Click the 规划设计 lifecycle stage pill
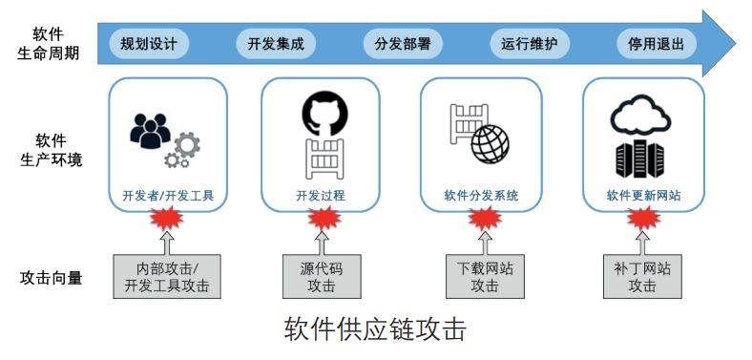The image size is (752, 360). (x=149, y=44)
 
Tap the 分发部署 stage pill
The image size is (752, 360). (x=403, y=44)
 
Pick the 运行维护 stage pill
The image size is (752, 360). (x=530, y=44)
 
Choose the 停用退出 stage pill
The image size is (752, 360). (x=657, y=44)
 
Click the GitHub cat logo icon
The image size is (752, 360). (x=321, y=113)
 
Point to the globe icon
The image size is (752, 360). (x=490, y=145)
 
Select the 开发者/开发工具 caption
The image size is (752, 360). (x=168, y=197)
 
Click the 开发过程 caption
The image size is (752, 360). (x=321, y=197)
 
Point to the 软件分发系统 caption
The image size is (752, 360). (x=481, y=197)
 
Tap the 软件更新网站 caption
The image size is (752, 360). (x=643, y=197)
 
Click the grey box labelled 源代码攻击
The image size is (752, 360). (x=321, y=277)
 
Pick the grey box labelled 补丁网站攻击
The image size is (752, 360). (x=642, y=277)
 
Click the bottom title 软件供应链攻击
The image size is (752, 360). (x=375, y=330)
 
